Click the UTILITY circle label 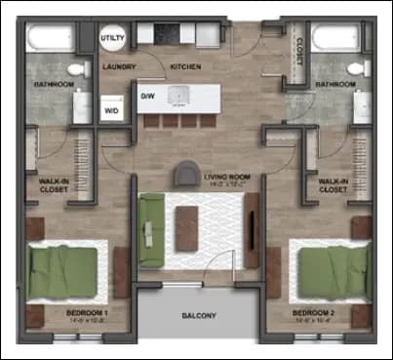pos(112,37)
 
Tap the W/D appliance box pos(113,108)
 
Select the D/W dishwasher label pos(148,97)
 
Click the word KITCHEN pos(186,67)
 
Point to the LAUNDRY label pos(119,67)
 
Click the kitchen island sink pos(179,96)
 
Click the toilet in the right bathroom pos(358,68)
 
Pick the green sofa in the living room pos(151,229)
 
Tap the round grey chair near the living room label pos(184,175)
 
